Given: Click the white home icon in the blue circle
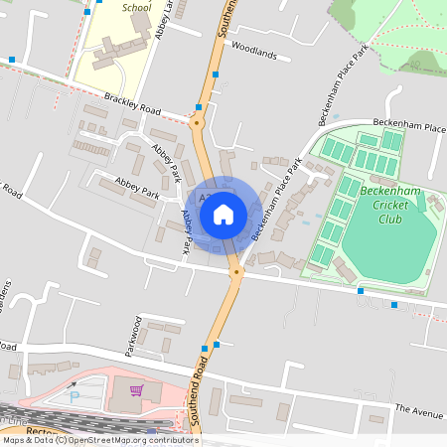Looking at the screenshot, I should [x=223, y=214].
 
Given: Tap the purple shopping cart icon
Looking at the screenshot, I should [x=135, y=390].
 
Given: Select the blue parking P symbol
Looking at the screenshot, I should [x=75, y=395].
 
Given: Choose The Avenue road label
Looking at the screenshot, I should [x=417, y=409].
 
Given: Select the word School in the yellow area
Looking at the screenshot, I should [x=136, y=7].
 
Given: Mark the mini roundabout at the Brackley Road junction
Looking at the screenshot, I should [x=197, y=124].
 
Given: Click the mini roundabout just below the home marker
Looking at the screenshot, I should [x=236, y=271].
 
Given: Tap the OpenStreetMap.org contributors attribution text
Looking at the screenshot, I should [x=134, y=439].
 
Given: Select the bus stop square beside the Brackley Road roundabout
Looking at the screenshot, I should [x=200, y=106].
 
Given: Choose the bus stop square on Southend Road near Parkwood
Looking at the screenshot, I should [x=205, y=348].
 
